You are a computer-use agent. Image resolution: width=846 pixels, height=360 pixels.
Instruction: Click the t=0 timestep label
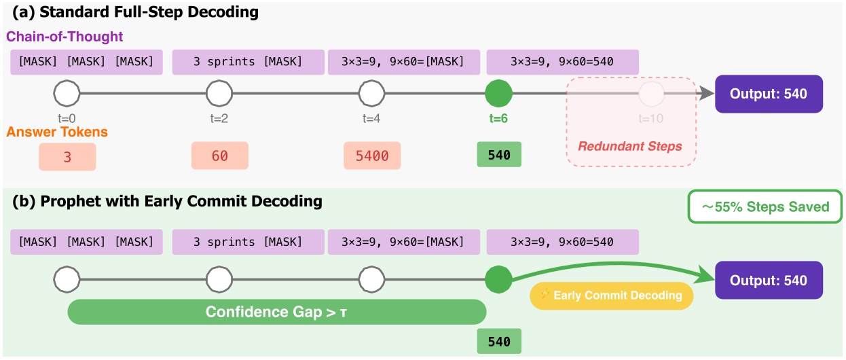coord(67,118)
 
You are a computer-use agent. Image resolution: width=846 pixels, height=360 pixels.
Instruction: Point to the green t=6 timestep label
coord(499,118)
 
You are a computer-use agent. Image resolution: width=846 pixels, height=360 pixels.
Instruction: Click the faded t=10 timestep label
coord(650,118)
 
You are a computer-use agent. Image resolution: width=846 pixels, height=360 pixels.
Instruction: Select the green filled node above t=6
coord(499,94)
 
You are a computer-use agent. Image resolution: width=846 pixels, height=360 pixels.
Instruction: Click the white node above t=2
coord(219,94)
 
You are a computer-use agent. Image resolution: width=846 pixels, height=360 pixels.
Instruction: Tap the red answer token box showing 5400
coord(372,156)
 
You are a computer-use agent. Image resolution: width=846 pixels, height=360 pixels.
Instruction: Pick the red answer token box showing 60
coord(219,156)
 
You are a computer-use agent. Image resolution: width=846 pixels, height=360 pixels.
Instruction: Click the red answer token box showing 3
coord(67,156)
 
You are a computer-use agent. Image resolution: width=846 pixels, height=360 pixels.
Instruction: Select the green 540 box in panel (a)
coord(499,155)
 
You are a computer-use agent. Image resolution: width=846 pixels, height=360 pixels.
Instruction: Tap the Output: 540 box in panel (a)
coord(769,94)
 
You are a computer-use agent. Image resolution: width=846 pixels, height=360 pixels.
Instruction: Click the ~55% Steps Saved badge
coord(765,206)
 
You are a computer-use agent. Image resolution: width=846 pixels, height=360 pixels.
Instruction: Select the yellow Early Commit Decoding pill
coord(612,295)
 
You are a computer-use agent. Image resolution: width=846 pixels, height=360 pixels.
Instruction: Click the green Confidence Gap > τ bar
coord(277,312)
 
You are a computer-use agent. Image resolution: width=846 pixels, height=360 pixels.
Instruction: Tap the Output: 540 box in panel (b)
coord(769,280)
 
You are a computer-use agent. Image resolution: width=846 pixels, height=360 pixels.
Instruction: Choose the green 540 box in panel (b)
coord(499,340)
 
